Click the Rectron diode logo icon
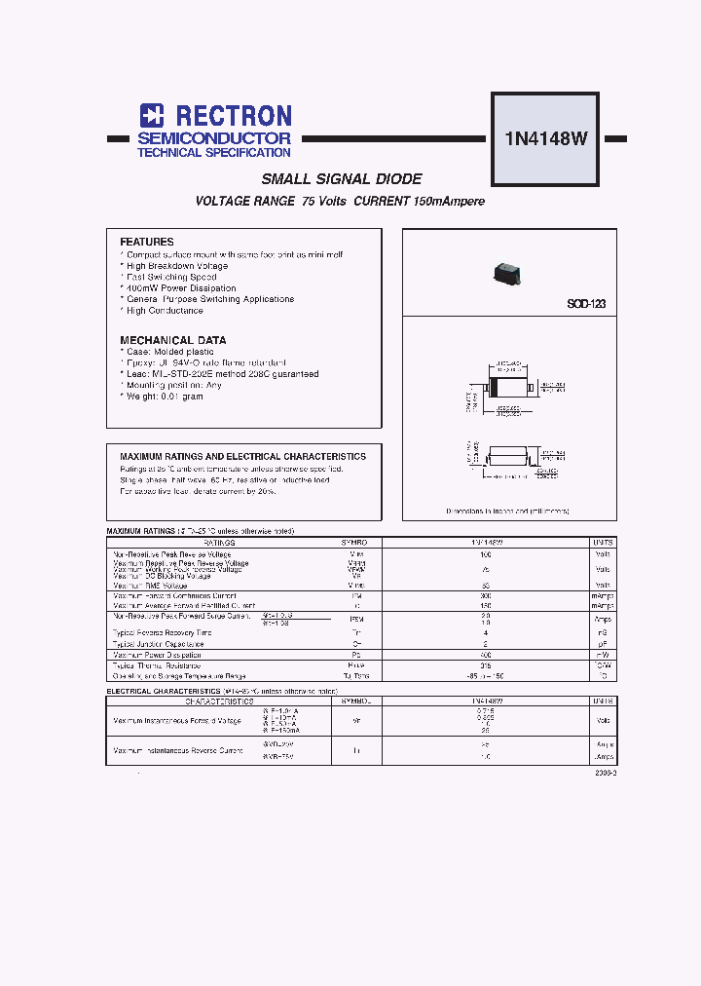click(x=151, y=116)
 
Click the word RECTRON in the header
click(x=228, y=116)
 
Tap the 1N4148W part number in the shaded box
click(x=545, y=137)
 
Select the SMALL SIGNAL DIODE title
click(x=342, y=179)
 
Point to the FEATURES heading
click(x=147, y=242)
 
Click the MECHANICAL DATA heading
click(x=173, y=340)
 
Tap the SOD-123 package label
click(x=586, y=304)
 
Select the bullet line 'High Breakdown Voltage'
click(x=177, y=266)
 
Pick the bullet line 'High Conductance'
click(x=165, y=311)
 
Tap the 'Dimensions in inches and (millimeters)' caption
click(x=507, y=511)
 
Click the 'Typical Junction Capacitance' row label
click(x=159, y=644)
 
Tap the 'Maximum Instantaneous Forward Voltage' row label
click(x=177, y=721)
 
